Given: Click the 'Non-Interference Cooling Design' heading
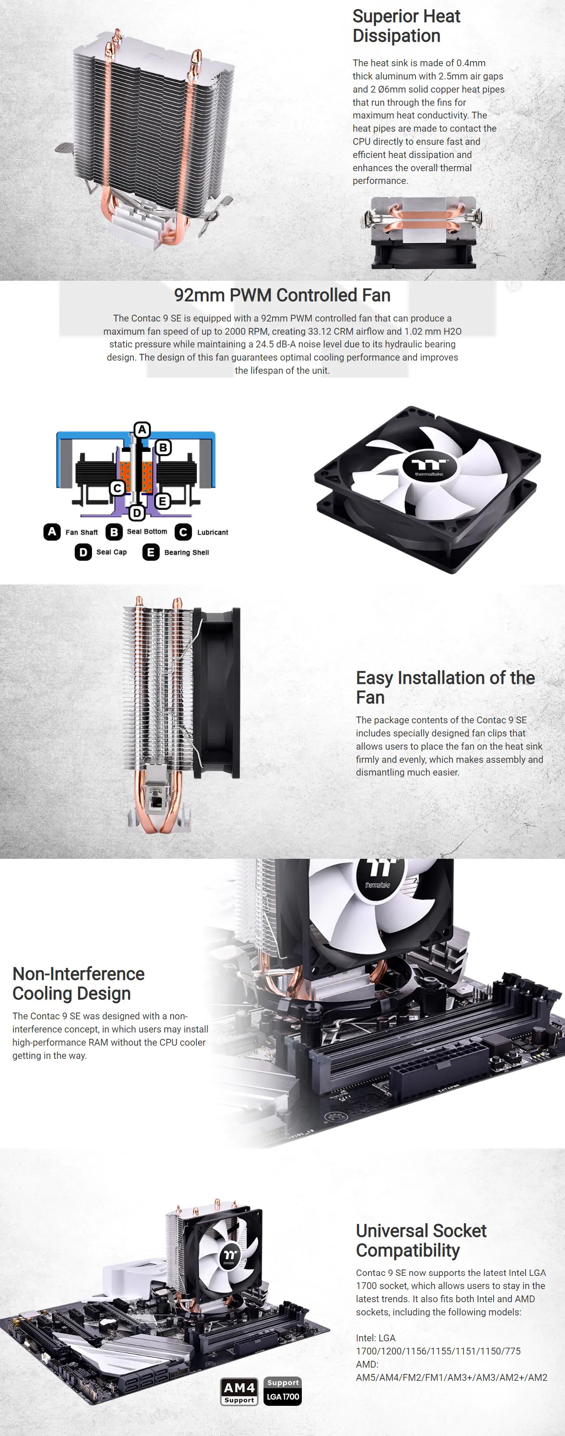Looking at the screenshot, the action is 79,983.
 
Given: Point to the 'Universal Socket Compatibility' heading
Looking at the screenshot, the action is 421,1240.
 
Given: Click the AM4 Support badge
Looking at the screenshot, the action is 239,1392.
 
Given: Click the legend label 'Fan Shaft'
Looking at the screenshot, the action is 82,532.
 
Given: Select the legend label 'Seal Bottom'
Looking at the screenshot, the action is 146,532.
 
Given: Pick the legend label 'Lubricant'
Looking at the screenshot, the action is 212,532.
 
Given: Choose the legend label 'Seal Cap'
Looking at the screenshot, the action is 112,553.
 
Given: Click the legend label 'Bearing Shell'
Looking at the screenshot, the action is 186,553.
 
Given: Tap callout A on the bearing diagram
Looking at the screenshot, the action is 142,430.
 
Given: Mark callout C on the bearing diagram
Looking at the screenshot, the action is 117,488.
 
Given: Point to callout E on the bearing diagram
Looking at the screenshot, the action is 162,501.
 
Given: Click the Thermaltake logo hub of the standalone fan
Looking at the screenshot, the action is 430,466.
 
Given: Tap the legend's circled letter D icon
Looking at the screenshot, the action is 83,553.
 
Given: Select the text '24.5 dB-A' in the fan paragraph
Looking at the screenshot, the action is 276,344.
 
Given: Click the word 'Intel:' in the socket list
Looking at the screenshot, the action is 367,1338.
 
